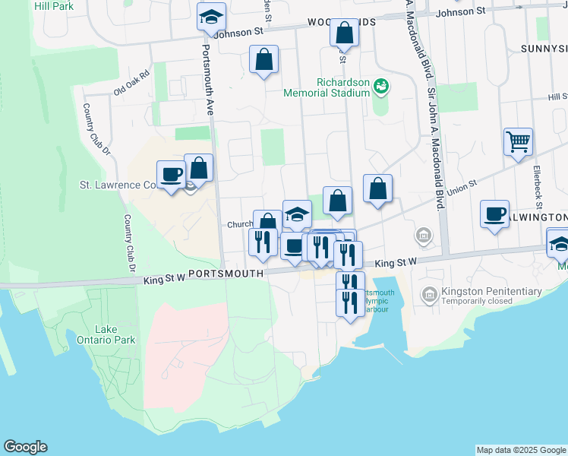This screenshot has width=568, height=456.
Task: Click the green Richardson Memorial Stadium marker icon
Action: coord(381,88)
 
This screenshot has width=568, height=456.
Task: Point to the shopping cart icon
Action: coord(518,141)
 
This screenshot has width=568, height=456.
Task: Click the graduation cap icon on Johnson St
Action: coord(211,17)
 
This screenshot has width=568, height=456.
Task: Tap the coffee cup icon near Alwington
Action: coord(494,214)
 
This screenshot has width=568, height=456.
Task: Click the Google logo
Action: coord(25,447)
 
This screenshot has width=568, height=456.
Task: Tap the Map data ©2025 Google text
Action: coord(520,450)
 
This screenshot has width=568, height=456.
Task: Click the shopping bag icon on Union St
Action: coord(377,188)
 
